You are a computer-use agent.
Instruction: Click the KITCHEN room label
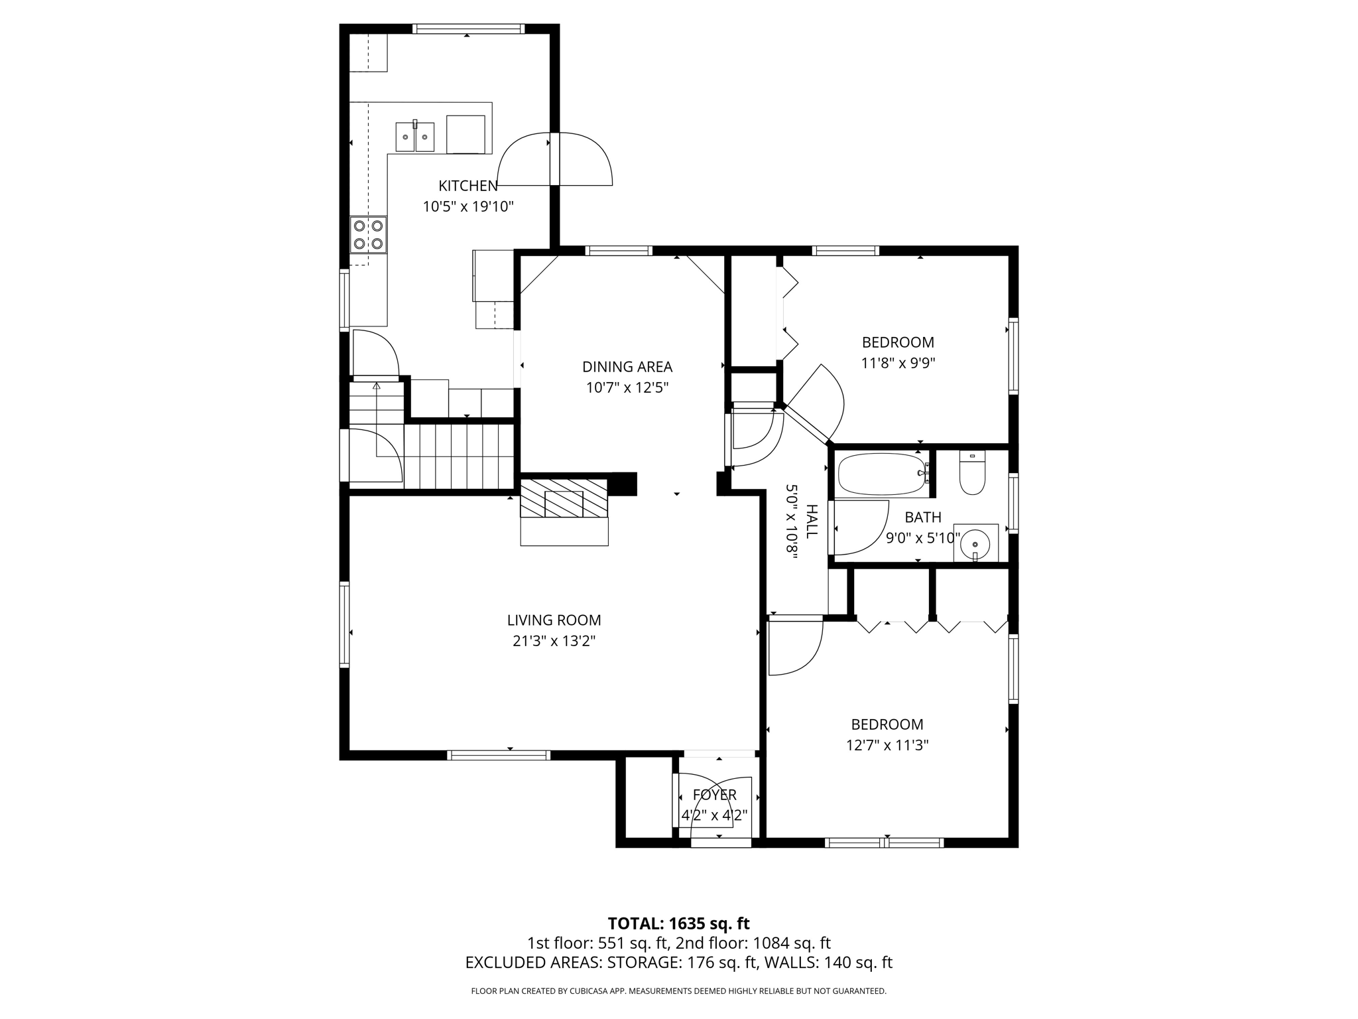[x=467, y=186]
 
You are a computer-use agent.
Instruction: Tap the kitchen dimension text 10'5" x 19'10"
[x=468, y=207]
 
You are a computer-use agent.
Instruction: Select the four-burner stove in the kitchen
[x=369, y=235]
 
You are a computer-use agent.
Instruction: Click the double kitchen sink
[x=415, y=137]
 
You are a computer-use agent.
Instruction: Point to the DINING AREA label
[x=627, y=367]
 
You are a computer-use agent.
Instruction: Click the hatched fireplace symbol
[x=564, y=498]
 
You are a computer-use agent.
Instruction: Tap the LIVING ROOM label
[x=554, y=620]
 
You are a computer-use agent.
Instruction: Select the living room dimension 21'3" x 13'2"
[x=554, y=642]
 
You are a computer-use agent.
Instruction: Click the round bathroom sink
[x=975, y=543]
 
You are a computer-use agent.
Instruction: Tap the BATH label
[x=922, y=517]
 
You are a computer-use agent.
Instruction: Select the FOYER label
[x=714, y=795]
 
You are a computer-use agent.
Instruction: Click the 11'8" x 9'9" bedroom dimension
[x=898, y=364]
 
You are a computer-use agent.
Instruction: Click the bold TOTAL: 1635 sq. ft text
[x=678, y=923]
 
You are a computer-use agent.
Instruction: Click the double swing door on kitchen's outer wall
[x=555, y=159]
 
